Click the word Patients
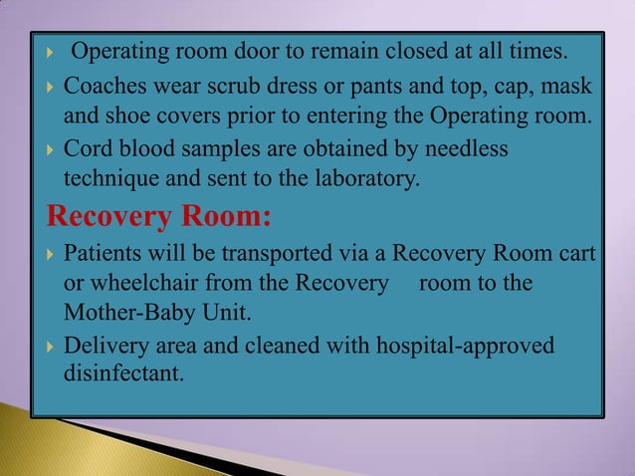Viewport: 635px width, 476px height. [x=102, y=253]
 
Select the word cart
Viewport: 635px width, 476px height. [x=578, y=253]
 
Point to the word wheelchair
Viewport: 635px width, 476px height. [x=139, y=284]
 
